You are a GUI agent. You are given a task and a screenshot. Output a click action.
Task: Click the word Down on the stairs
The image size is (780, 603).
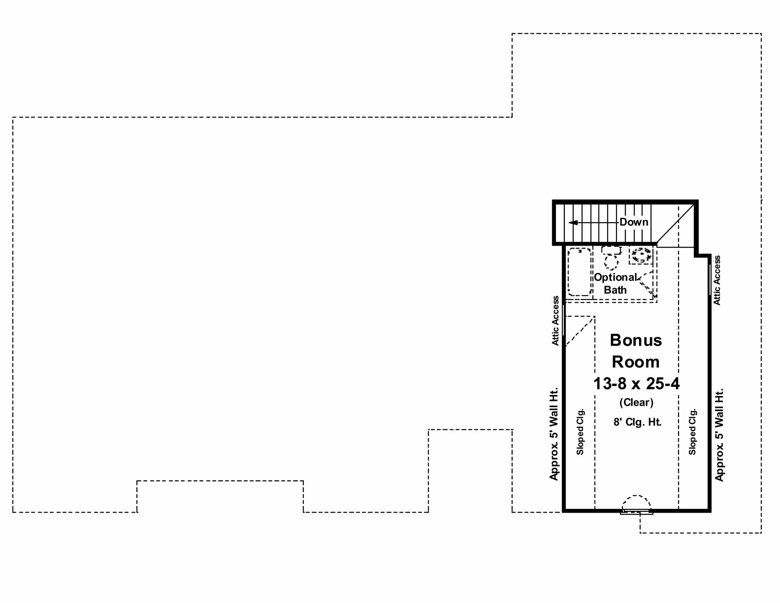[x=634, y=222]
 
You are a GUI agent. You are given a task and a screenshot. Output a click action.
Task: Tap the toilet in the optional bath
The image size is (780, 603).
[x=611, y=258]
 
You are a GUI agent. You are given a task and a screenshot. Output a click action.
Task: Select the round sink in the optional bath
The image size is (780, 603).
[x=641, y=255]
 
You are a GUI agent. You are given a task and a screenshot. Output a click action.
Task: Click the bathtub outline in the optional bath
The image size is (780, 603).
[x=579, y=272]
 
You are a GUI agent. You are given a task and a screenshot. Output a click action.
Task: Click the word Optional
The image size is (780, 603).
[x=615, y=277]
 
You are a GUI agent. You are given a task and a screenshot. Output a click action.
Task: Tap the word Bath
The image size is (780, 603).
[x=615, y=290]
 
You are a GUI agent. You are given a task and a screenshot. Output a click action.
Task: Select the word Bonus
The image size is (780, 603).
[x=636, y=340]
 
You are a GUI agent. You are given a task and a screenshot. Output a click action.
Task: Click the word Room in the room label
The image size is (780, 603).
[x=636, y=362]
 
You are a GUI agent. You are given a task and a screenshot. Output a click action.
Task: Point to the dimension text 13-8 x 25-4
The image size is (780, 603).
[x=636, y=384]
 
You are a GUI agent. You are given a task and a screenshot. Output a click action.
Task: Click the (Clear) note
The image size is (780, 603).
[x=636, y=402]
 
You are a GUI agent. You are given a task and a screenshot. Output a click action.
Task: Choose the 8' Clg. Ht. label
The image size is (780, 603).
[x=637, y=422]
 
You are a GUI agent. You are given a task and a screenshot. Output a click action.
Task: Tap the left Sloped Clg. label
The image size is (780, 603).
[x=580, y=432]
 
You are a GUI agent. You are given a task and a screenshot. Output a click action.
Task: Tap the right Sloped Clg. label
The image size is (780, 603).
[x=692, y=432]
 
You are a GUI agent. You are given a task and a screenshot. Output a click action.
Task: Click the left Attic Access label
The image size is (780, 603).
[x=556, y=321]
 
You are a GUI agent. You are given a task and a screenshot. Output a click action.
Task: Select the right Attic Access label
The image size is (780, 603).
[x=717, y=280]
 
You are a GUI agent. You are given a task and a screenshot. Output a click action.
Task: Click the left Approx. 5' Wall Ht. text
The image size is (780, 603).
[x=554, y=434]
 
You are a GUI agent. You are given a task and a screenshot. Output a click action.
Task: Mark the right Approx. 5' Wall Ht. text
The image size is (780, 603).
[x=719, y=435]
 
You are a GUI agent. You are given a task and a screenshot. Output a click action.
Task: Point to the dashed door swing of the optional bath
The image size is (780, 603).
[x=647, y=284]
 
